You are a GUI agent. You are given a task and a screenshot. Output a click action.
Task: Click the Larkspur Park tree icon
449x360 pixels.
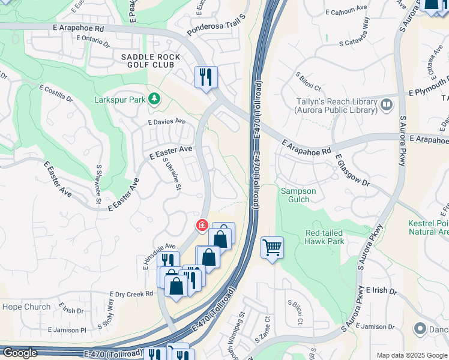[155, 98]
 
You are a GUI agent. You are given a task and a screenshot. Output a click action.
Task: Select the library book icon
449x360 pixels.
[387, 106]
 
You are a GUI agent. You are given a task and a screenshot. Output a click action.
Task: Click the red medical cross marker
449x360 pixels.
[202, 226]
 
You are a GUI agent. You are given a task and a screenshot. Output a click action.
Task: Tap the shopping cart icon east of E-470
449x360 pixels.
[272, 247]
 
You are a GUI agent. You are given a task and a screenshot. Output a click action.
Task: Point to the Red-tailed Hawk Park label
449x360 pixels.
[324, 237]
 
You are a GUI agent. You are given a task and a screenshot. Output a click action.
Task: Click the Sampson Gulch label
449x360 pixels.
[295, 195]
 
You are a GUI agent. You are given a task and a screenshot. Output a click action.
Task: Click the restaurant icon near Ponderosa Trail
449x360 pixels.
[205, 77]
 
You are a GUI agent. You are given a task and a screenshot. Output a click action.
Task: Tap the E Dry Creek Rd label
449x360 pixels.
[131, 293]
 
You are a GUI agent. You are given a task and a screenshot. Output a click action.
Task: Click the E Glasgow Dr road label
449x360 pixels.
[352, 172]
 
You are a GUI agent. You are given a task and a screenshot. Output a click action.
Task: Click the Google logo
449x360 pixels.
[20, 353]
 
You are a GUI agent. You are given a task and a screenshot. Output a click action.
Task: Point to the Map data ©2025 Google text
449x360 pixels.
[411, 355]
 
